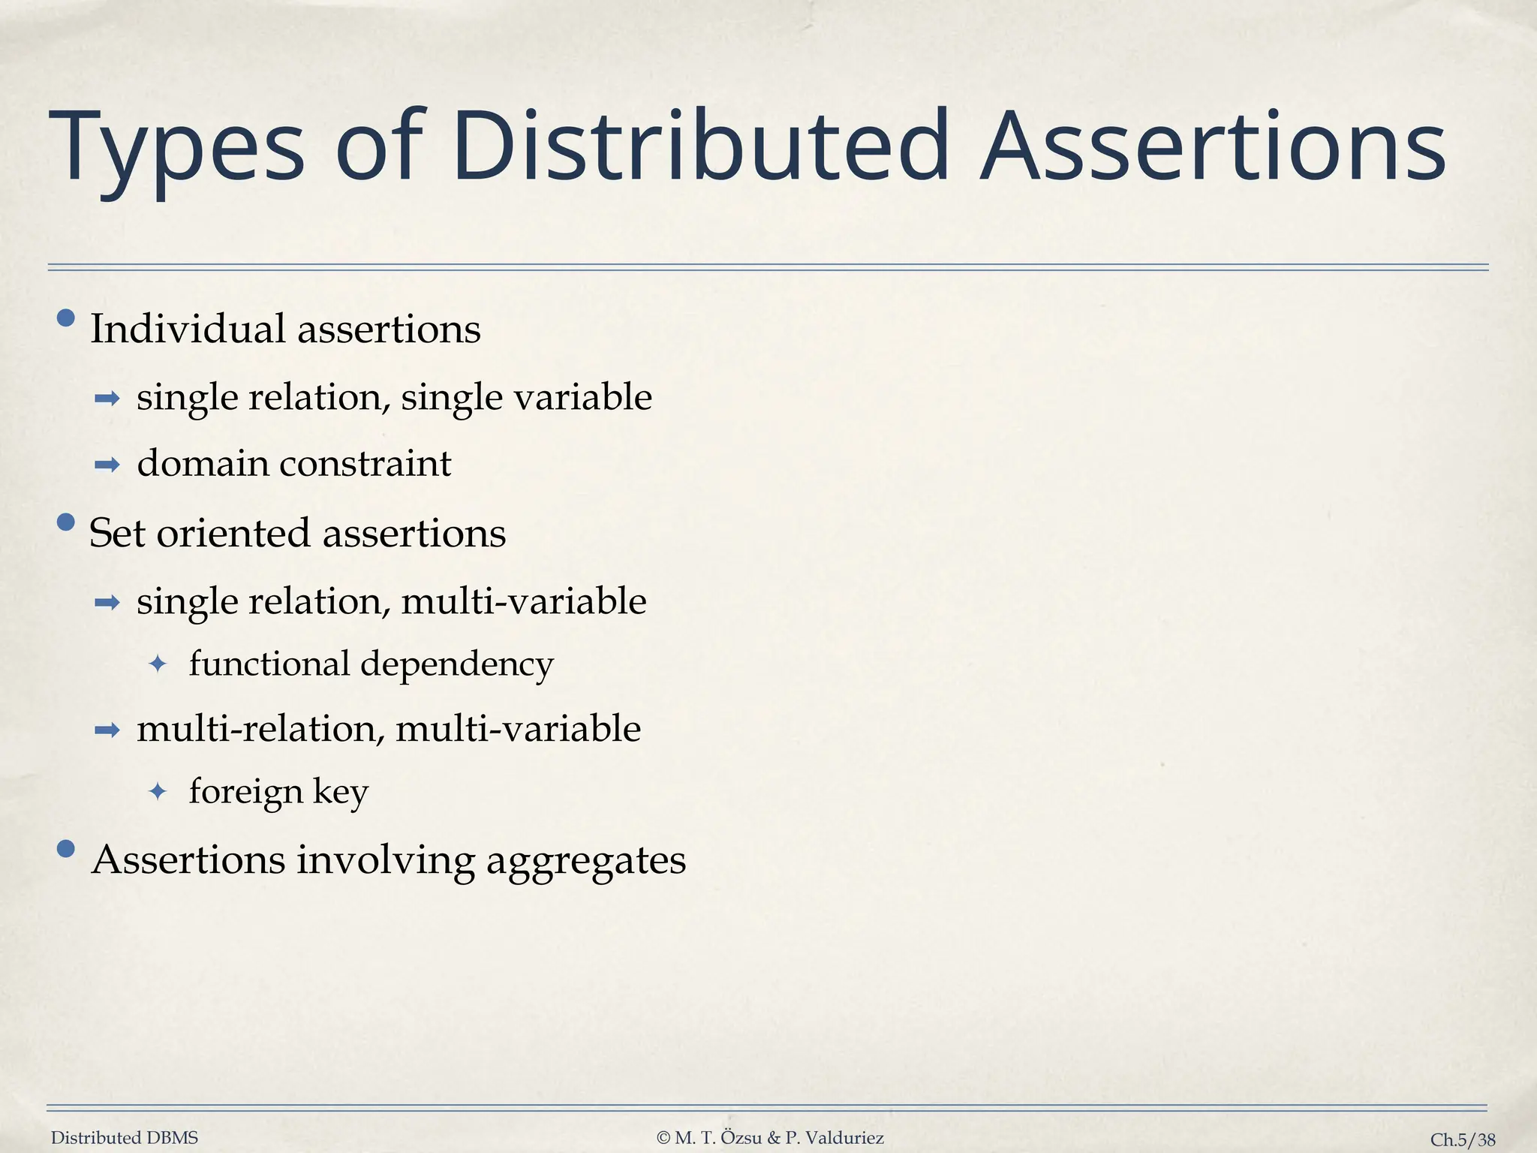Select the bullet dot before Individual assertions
click(x=66, y=319)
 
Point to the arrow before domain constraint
click(x=107, y=465)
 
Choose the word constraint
click(x=365, y=463)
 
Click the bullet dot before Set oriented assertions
click(x=66, y=522)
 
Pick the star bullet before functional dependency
click(x=158, y=664)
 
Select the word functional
click(x=269, y=664)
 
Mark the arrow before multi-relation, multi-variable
click(x=107, y=730)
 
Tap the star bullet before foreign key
click(x=158, y=791)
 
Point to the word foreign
click(x=246, y=792)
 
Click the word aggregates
click(x=586, y=860)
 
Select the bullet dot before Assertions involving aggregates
click(x=66, y=849)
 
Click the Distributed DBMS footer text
click(x=125, y=1138)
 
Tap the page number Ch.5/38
click(x=1463, y=1139)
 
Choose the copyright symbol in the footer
click(x=663, y=1138)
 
